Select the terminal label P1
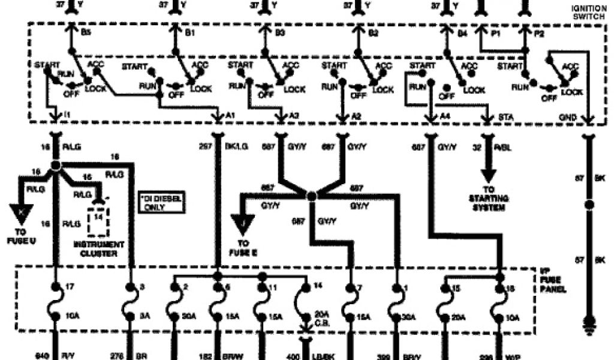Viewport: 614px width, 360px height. click(495, 35)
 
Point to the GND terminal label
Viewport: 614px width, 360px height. click(567, 114)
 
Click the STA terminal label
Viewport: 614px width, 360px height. click(504, 114)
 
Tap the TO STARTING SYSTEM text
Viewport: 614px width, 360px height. click(490, 203)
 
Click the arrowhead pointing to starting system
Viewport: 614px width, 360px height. click(489, 176)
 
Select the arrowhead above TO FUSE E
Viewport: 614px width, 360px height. click(243, 223)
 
